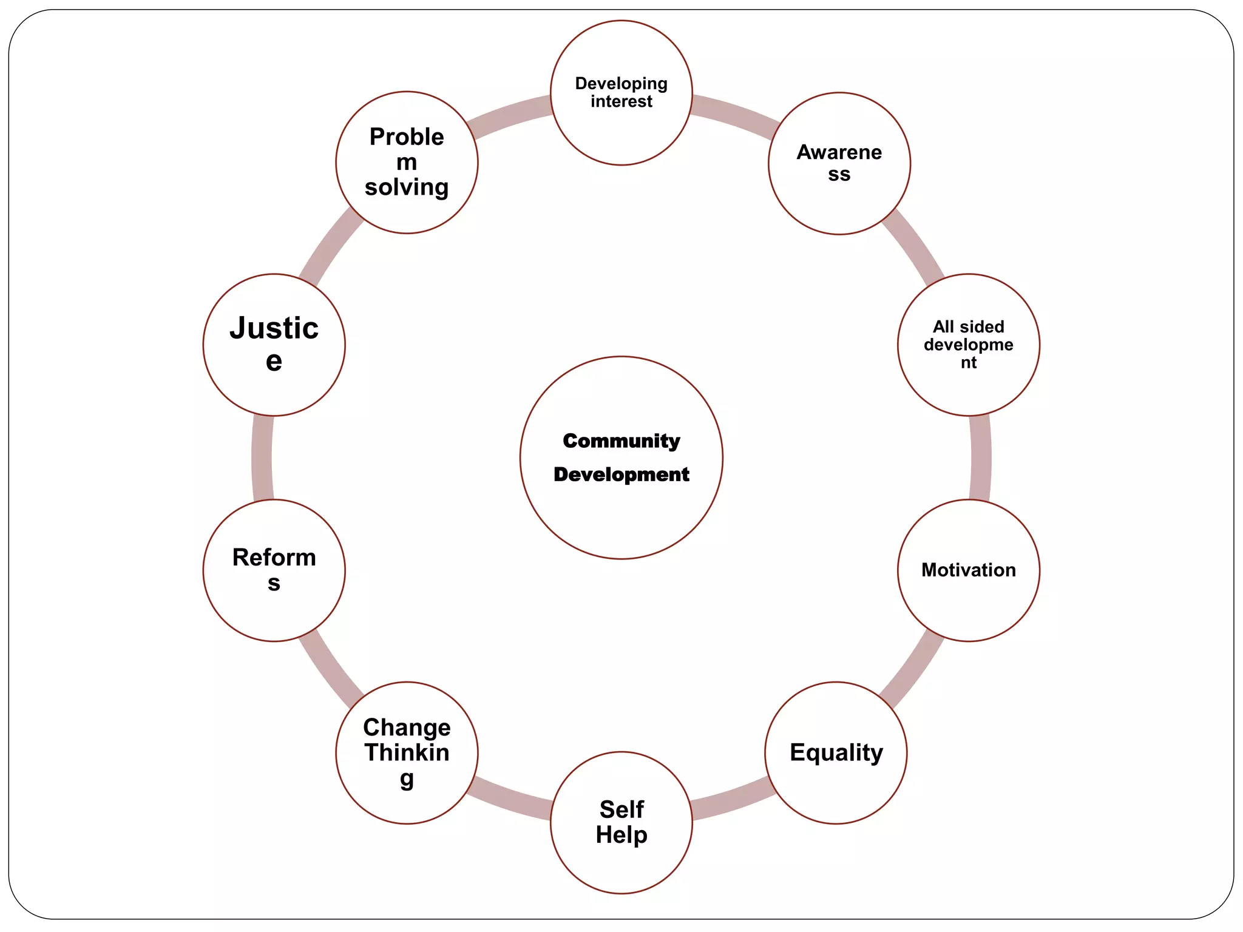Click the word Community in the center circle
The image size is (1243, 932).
621,441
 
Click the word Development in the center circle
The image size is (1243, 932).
621,474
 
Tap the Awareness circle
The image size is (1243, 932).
839,163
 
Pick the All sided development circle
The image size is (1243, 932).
968,344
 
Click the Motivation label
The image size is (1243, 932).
968,570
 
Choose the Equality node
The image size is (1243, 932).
836,752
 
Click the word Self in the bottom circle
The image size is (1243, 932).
621,809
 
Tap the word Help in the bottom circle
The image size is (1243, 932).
621,835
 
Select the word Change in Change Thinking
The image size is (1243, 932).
407,728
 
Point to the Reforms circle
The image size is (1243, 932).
274,570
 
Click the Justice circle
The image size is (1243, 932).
274,344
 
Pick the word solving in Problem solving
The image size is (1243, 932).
407,187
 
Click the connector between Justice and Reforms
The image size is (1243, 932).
262,458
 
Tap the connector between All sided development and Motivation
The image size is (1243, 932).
980,458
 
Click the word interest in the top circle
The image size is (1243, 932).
621,101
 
